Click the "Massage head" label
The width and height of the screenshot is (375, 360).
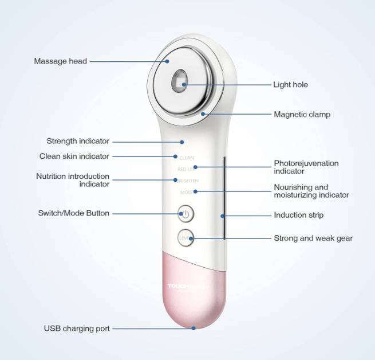pyautogui.click(x=60, y=61)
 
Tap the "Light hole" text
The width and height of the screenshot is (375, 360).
pyautogui.click(x=290, y=85)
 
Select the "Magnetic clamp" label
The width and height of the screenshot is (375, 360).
pyautogui.click(x=302, y=115)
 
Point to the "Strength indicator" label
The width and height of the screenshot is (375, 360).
pyautogui.click(x=78, y=141)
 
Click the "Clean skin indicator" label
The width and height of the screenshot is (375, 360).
pyautogui.click(x=74, y=156)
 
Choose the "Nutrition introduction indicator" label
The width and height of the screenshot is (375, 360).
pyautogui.click(x=73, y=180)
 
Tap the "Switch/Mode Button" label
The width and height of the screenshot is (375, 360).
pyautogui.click(x=74, y=213)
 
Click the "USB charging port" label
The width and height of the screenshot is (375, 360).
pyautogui.click(x=77, y=328)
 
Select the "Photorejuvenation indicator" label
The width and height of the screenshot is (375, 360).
pyautogui.click(x=306, y=167)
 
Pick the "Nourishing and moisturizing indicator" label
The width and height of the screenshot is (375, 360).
pyautogui.click(x=311, y=191)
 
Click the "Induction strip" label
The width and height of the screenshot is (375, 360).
pyautogui.click(x=298, y=216)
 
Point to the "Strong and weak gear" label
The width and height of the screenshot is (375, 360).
pyautogui.click(x=313, y=238)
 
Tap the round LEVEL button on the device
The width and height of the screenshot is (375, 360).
pyautogui.click(x=185, y=237)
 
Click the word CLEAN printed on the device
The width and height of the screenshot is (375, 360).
pyautogui.click(x=187, y=157)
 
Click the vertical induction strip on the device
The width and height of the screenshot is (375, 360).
pyautogui.click(x=224, y=198)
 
